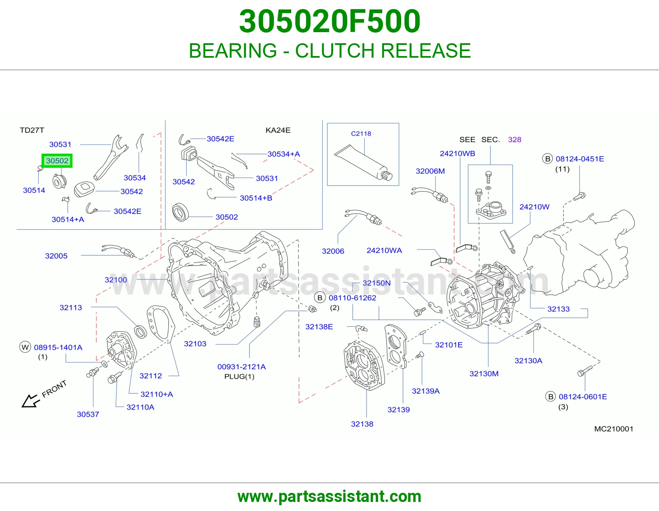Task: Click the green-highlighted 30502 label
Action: click(57, 161)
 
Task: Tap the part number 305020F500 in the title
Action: click(329, 21)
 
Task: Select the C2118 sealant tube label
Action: click(361, 134)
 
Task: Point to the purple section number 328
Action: click(515, 140)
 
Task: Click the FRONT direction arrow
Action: click(30, 401)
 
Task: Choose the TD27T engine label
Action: click(32, 130)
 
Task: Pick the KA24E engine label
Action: click(278, 130)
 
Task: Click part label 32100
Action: click(116, 280)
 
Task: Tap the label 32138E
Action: click(319, 326)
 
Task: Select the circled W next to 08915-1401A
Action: click(26, 347)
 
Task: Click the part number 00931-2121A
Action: click(241, 367)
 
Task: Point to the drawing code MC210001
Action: click(614, 429)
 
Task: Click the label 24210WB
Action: click(457, 154)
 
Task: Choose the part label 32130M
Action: click(484, 373)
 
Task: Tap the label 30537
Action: click(88, 414)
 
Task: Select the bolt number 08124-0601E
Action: click(583, 396)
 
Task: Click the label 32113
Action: click(71, 307)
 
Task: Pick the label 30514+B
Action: click(256, 198)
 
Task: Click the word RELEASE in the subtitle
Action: click(425, 50)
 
